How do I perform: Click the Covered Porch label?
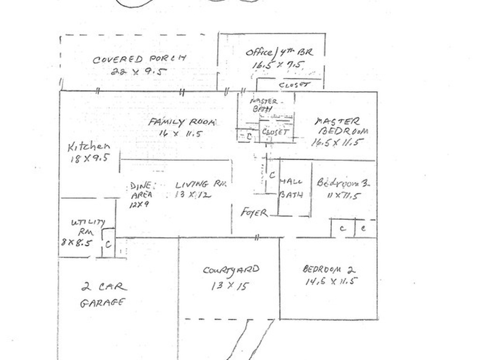click(139, 59)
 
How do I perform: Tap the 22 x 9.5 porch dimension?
click(139, 72)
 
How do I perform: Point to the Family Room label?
click(182, 122)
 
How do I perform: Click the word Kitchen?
click(89, 147)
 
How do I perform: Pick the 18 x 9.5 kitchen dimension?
click(89, 158)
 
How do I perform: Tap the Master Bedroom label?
click(341, 126)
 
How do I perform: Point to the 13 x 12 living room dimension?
click(193, 195)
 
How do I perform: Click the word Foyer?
click(255, 213)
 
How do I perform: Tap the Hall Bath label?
click(291, 188)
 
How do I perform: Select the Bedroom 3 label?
click(343, 183)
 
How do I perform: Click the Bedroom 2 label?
click(329, 270)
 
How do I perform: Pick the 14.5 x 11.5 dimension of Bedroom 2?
click(331, 281)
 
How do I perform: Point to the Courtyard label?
click(231, 270)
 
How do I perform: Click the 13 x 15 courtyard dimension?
click(229, 285)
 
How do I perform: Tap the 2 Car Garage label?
click(103, 294)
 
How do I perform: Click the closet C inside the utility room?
click(108, 244)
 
